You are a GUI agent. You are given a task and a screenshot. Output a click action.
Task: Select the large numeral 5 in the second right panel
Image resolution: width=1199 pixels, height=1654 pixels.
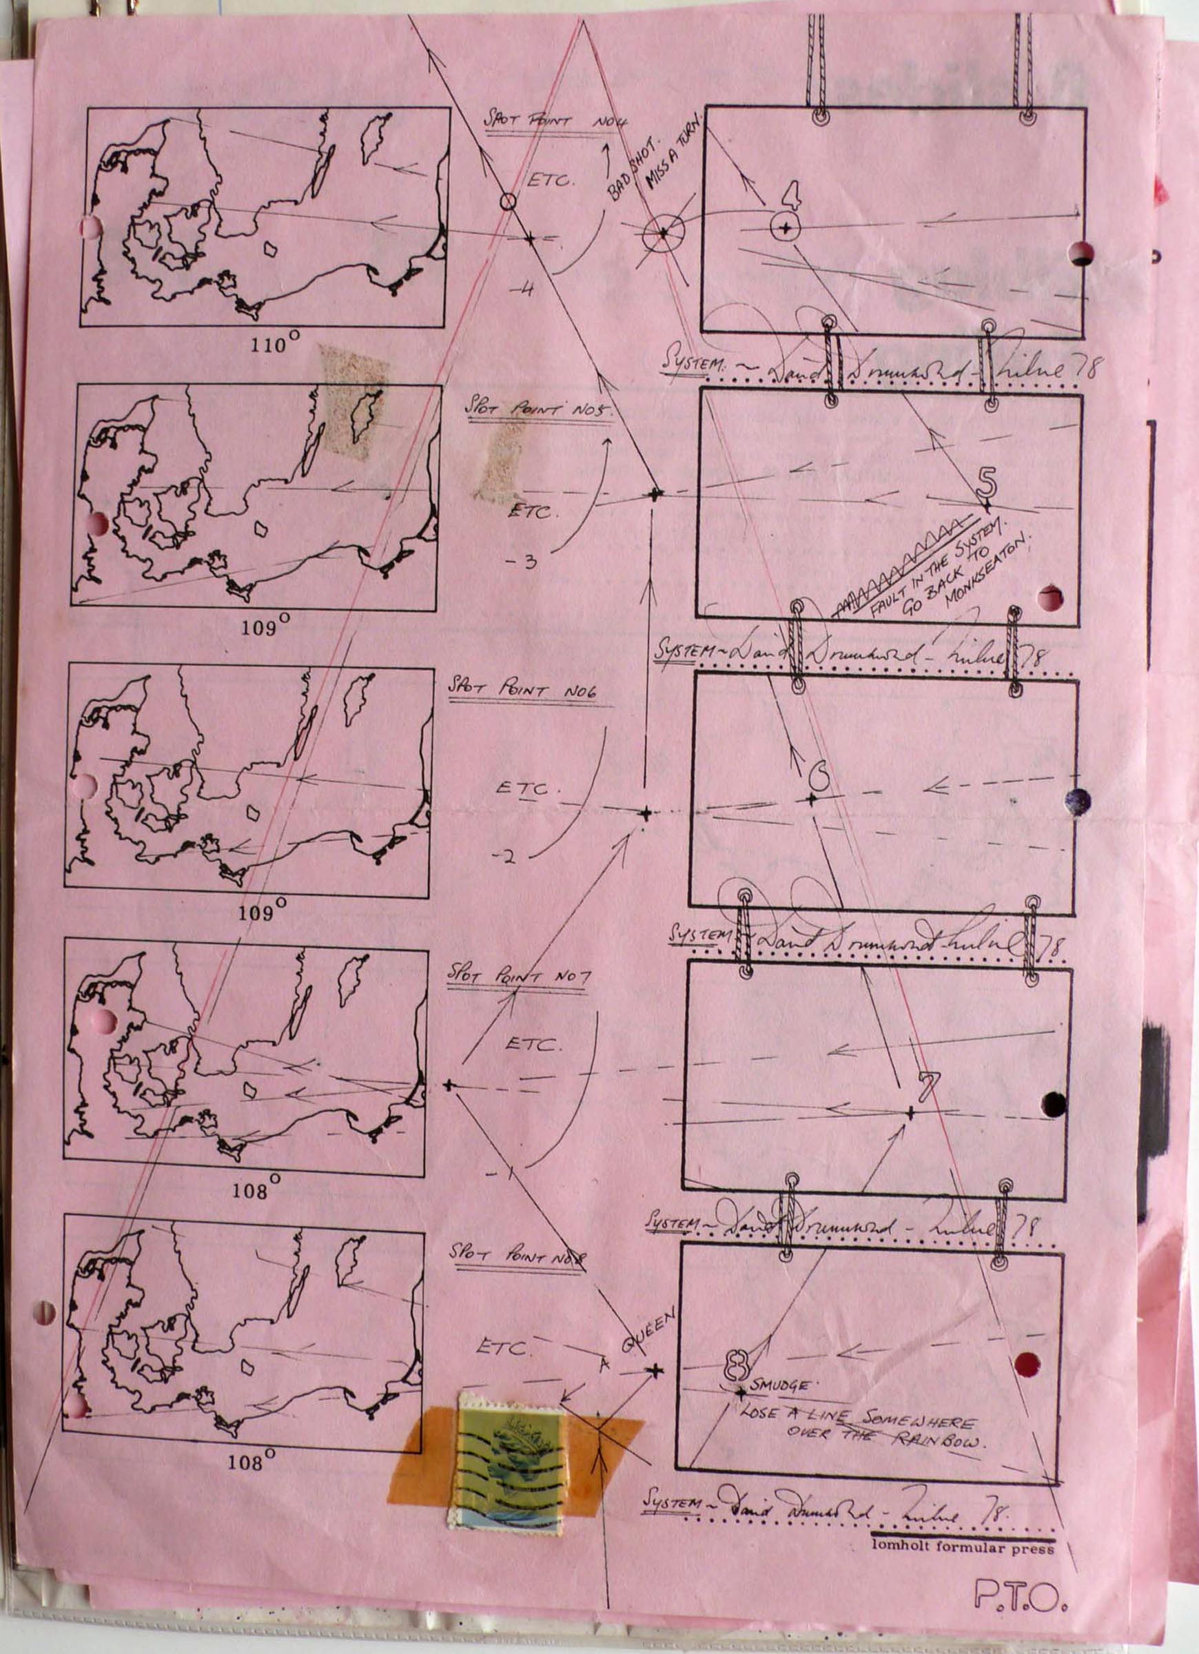[985, 481]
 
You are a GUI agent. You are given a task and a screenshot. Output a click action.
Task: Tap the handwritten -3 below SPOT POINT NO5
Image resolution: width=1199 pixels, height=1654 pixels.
[522, 562]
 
